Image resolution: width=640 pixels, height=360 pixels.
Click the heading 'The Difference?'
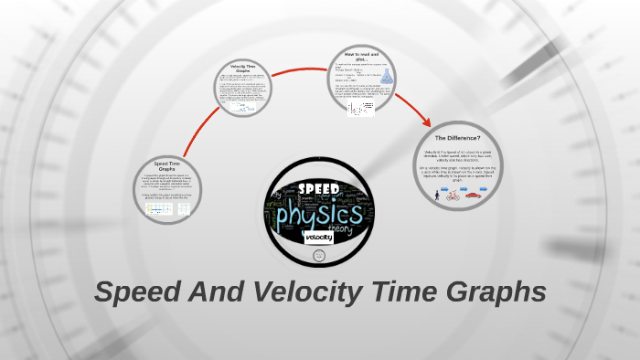[x=458, y=137]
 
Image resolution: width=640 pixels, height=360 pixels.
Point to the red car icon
[x=473, y=194]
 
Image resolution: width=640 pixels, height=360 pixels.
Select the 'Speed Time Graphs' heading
[x=166, y=164]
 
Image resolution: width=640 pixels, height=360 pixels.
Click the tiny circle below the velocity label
[x=319, y=256]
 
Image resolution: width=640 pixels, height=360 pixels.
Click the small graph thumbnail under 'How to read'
[x=359, y=108]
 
